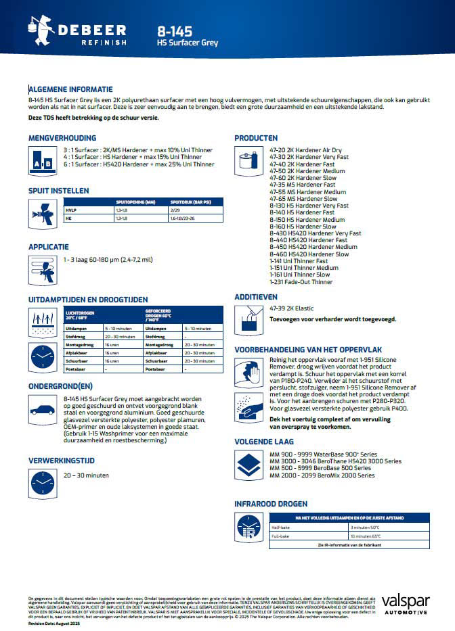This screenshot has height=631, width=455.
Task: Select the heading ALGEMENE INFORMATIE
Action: (70, 89)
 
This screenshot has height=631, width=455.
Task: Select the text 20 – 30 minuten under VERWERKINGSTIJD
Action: (86, 475)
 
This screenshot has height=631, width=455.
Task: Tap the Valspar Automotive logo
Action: (404, 604)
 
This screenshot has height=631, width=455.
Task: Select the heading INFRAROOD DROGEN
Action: (270, 504)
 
